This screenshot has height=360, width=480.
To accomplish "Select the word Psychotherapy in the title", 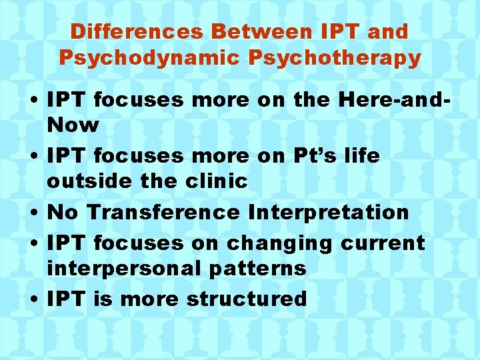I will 335,57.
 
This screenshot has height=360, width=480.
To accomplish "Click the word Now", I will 73,125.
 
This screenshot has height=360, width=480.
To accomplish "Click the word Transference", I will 163,212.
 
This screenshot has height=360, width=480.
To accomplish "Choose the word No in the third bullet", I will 63,212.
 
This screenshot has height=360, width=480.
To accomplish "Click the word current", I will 383,243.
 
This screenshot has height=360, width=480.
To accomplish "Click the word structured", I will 247,299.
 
